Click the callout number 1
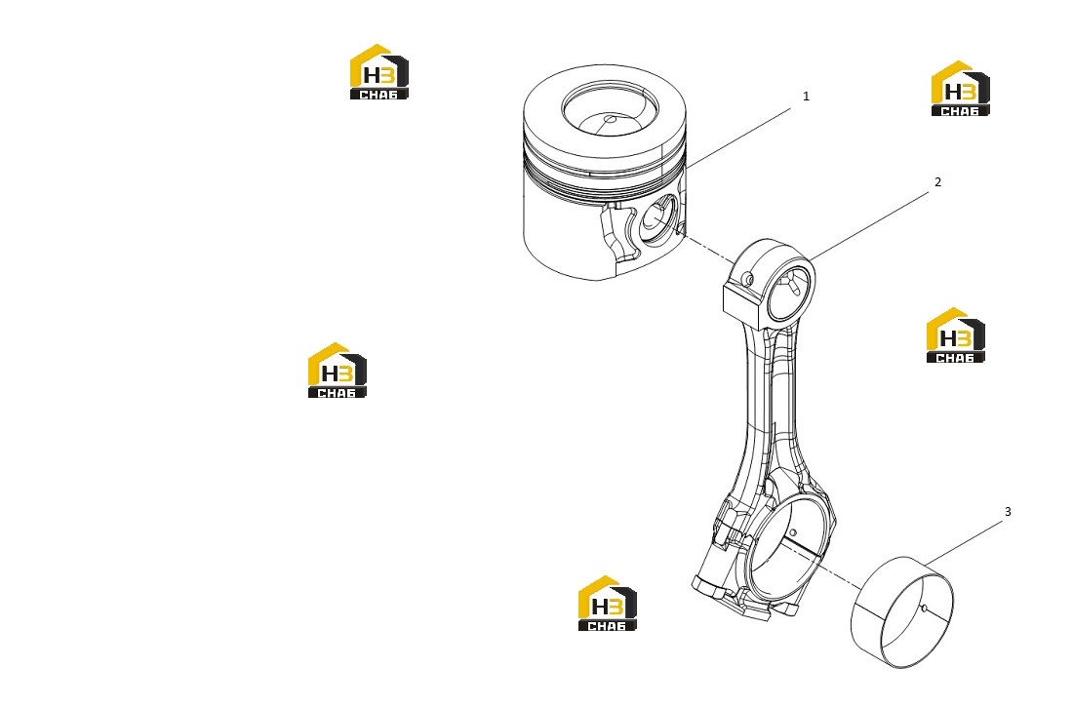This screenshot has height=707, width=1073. coord(806,97)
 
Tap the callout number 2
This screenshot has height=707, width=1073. coord(937,182)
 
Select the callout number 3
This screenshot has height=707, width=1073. coord(1008,511)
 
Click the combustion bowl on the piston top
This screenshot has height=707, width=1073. coord(610,110)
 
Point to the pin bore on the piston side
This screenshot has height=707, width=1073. coord(657,219)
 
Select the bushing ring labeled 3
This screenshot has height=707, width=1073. coord(901,611)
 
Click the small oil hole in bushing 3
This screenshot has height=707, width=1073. coord(923,608)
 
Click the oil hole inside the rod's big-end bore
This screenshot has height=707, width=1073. coord(793,532)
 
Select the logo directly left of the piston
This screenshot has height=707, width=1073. coord(378,72)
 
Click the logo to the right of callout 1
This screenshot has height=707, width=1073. coord(960,89)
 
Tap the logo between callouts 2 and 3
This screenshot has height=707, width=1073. coord(955,334)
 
